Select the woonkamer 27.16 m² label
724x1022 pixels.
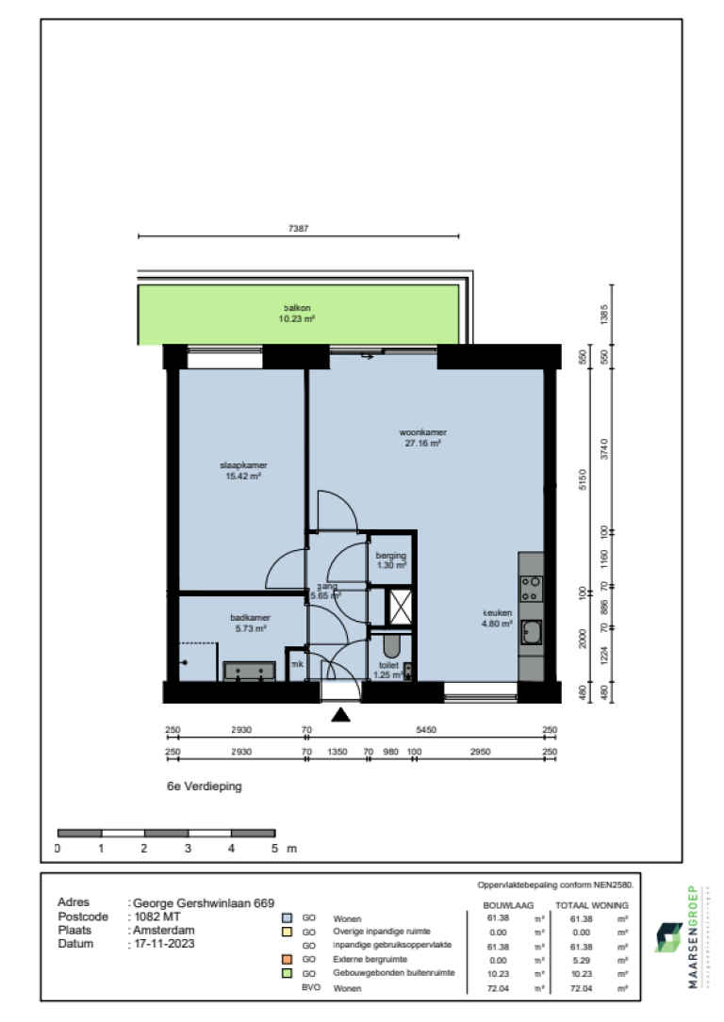(421, 437)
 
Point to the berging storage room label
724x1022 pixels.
(390, 560)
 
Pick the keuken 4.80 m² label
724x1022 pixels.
(497, 617)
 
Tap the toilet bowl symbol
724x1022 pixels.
(392, 646)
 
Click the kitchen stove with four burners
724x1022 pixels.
(531, 590)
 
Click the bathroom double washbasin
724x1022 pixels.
(249, 672)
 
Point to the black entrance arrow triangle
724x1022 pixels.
(341, 716)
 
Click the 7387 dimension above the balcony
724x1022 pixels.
(299, 228)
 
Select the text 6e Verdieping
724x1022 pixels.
(204, 787)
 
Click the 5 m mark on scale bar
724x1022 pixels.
(275, 849)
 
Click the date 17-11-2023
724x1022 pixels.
(163, 943)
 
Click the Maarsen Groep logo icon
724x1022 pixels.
(671, 937)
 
